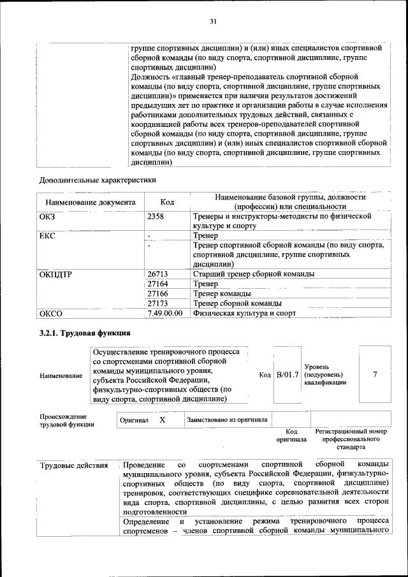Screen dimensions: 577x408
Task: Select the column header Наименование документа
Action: (x=90, y=202)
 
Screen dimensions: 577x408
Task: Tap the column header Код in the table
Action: (x=167, y=202)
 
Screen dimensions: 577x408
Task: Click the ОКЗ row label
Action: (x=49, y=217)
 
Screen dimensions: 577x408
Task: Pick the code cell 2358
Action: (x=156, y=217)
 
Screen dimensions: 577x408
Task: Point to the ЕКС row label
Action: (x=48, y=236)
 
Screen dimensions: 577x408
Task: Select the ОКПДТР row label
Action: (x=56, y=274)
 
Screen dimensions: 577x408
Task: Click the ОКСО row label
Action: (x=51, y=313)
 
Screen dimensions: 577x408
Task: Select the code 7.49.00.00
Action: (x=164, y=313)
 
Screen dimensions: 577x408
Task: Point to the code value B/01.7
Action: (x=287, y=375)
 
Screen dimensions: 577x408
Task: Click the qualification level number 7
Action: (x=375, y=375)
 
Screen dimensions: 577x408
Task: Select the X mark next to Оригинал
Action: (x=162, y=420)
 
